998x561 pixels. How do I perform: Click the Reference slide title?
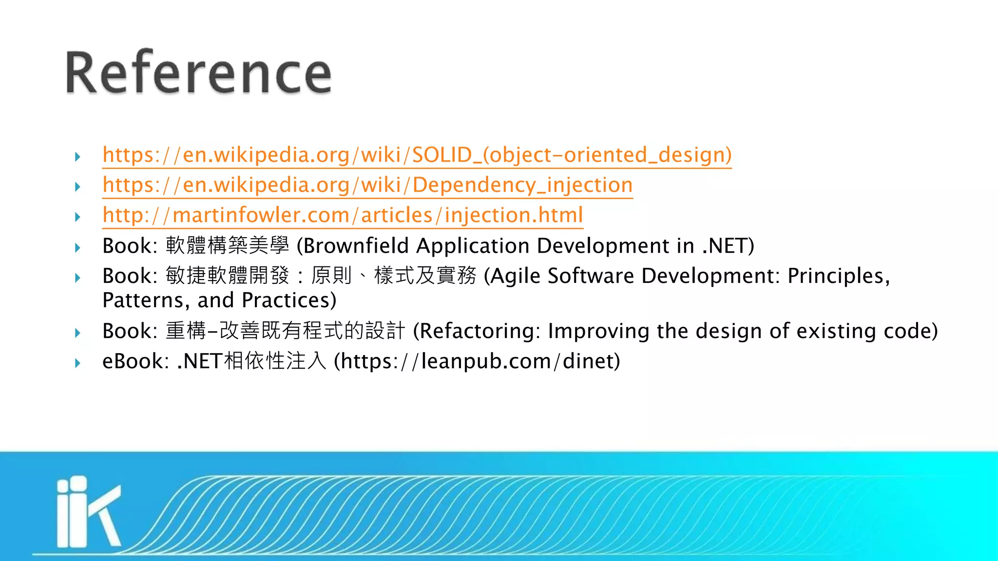[x=199, y=73]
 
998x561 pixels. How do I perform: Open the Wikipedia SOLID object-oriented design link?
[x=417, y=155]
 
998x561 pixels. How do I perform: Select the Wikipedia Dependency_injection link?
[x=367, y=186]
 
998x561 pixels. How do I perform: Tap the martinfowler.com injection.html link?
[x=343, y=216]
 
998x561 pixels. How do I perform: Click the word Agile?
[x=516, y=276]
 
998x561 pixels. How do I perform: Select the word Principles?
[x=839, y=276]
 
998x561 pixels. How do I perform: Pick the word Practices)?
[x=289, y=300]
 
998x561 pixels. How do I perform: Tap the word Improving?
[x=598, y=331]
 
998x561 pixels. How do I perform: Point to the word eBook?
[x=135, y=361]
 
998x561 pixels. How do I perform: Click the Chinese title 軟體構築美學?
[x=227, y=245]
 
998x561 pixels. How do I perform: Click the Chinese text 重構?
[x=186, y=331]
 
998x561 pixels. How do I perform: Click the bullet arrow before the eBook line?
[x=77, y=363]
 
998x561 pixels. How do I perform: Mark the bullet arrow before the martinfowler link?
[x=77, y=217]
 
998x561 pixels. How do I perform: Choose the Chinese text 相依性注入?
[x=275, y=361]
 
